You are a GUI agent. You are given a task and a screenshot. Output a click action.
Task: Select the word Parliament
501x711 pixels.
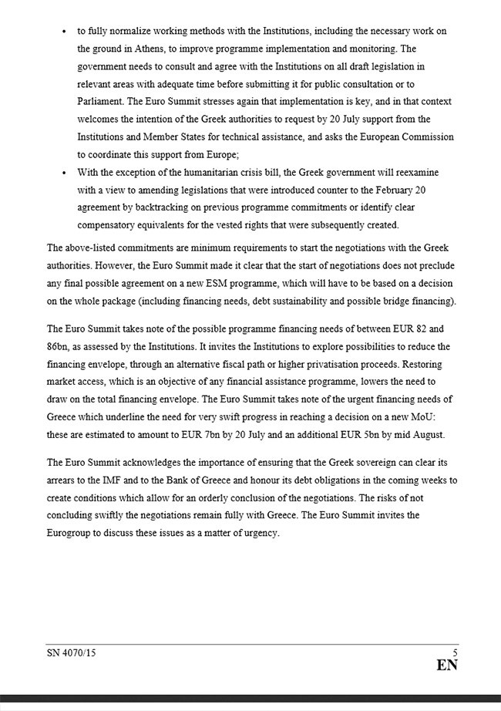103,102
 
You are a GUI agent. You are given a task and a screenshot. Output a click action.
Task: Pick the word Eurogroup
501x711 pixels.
73,533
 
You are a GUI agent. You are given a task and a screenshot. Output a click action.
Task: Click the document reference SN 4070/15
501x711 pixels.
71,653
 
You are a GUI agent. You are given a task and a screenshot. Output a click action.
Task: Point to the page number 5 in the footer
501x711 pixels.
455,652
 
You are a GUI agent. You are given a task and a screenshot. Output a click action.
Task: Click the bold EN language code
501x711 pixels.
447,666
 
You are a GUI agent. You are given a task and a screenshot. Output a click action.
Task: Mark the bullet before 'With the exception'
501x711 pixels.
63,172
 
